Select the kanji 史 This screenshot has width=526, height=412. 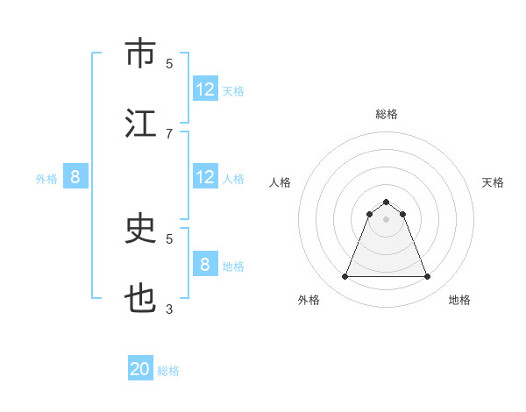140,229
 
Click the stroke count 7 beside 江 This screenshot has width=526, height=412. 169,133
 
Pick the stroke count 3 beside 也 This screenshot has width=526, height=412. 169,309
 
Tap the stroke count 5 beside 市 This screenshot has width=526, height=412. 169,63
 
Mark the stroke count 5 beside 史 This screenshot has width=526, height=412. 169,238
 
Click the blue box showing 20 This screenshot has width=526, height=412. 140,369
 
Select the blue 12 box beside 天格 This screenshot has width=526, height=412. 205,89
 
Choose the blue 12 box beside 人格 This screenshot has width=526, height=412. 205,177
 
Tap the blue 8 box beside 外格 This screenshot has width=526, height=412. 75,177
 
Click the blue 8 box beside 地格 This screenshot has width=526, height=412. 205,265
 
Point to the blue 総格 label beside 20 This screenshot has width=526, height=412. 169,371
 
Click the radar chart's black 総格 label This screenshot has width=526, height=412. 387,114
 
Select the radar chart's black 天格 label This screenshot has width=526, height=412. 494,182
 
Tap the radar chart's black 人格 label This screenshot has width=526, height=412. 281,182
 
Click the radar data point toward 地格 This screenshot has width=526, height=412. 428,277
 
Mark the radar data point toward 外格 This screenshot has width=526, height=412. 345,277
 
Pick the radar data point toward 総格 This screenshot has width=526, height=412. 387,202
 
